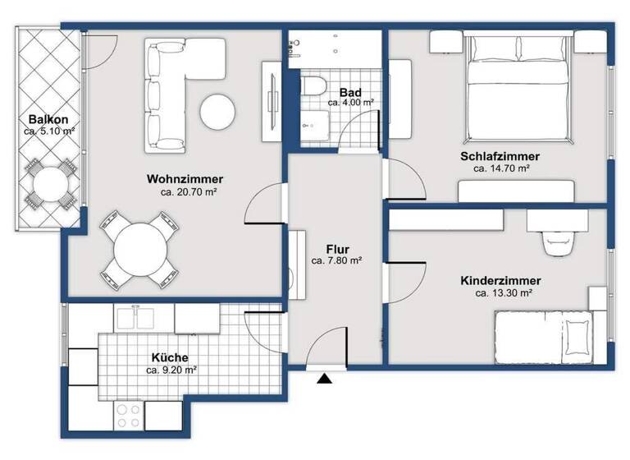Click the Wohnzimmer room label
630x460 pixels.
tap(185, 179)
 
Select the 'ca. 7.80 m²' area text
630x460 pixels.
tap(336, 260)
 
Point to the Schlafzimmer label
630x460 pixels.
tap(500, 156)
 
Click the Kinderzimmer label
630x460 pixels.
tap(500, 280)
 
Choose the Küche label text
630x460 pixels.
tap(171, 358)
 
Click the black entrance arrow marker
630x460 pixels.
tap(325, 379)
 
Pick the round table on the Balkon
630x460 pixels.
tap(47, 185)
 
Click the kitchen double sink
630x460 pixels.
tap(140, 319)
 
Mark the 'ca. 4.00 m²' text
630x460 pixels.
tap(350, 103)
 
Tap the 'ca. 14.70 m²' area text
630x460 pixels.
tap(500, 168)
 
